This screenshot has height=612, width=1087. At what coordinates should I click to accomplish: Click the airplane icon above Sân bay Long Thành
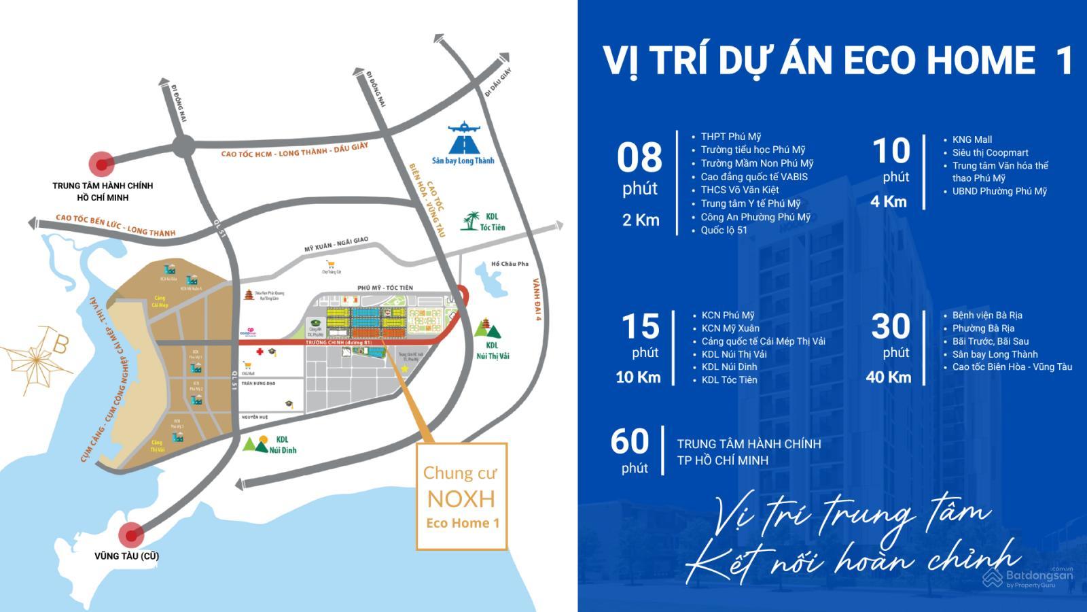[464, 128]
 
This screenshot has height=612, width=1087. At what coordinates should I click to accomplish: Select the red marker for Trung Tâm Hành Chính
[103, 164]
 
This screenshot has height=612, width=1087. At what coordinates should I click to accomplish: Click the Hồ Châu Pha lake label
[510, 264]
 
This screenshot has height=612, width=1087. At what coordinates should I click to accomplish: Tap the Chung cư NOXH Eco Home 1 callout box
[461, 496]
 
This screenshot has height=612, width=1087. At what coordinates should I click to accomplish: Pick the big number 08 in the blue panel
[639, 158]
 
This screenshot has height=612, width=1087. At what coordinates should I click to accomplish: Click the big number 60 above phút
[630, 441]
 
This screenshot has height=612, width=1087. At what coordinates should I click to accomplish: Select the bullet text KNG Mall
[972, 139]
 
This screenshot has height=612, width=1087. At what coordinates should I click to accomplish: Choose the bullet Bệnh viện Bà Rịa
[987, 315]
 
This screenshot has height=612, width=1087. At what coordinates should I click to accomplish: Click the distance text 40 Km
[888, 377]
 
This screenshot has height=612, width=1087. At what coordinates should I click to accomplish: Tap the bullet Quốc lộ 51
[724, 230]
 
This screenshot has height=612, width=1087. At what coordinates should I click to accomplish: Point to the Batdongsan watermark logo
[1028, 577]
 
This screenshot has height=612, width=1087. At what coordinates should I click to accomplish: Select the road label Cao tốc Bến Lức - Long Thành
[115, 225]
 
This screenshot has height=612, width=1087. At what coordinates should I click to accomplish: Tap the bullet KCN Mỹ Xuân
[730, 328]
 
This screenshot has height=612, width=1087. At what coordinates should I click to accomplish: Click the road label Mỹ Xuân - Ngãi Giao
[336, 245]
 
